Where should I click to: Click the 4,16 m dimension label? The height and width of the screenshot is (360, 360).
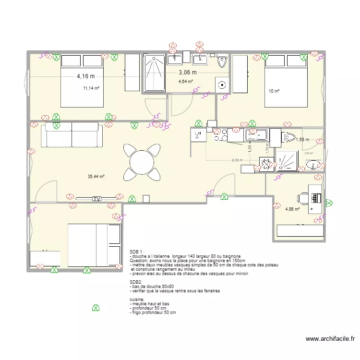86,76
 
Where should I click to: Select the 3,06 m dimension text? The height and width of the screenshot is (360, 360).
188,72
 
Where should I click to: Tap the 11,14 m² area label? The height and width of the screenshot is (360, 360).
91,88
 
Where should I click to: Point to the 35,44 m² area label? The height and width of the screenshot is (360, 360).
96,177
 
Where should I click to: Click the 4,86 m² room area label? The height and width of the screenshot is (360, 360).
292,209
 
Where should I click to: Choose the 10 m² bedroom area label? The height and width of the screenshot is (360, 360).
274,91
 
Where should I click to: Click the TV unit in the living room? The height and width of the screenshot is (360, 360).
96,198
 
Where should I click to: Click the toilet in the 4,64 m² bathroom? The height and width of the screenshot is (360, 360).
222,61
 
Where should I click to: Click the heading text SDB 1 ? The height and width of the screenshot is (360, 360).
137,252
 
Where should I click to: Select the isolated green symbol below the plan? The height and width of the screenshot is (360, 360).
96,308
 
